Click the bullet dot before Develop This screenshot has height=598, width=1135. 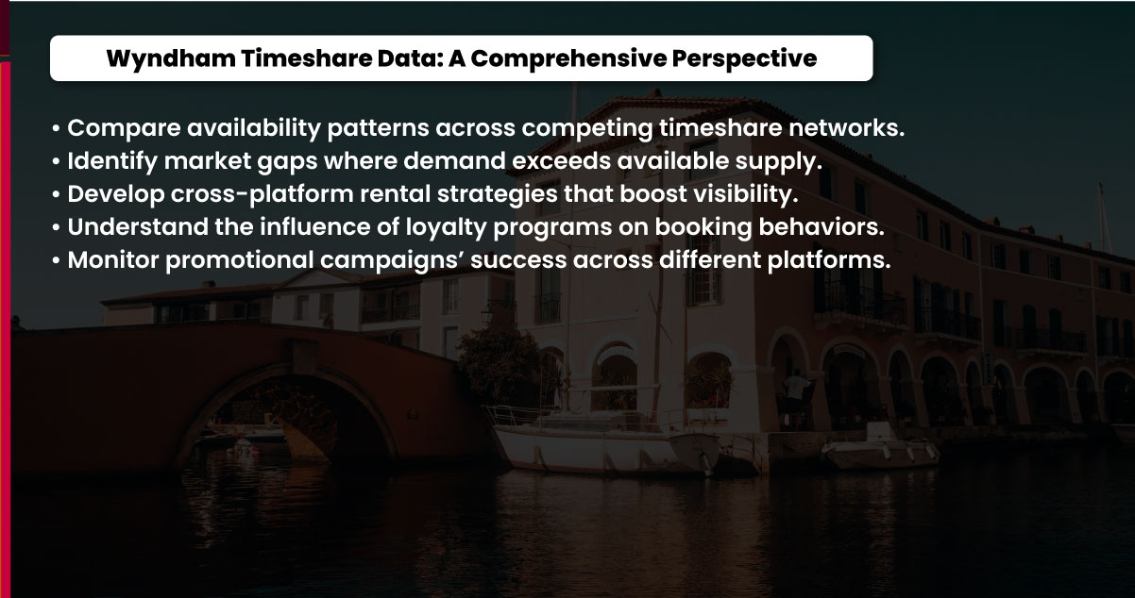[57, 195]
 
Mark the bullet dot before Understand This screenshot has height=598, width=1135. [57, 228]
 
